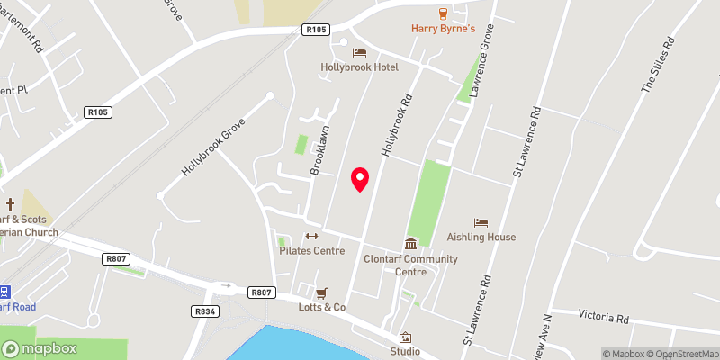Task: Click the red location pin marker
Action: [360, 179]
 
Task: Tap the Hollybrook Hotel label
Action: [359, 67]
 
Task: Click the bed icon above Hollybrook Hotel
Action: [359, 53]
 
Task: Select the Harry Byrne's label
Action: [443, 28]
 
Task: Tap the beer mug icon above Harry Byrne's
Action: [443, 13]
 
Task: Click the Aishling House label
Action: [481, 238]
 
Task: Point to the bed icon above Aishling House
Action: [481, 222]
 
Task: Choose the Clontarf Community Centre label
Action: [410, 265]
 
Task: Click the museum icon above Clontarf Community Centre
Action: [410, 244]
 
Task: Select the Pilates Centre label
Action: [311, 251]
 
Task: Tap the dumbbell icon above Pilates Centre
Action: [311, 237]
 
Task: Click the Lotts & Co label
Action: [322, 308]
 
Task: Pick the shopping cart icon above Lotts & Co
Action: [321, 292]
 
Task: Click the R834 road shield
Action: [205, 310]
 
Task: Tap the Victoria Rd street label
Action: [603, 318]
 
